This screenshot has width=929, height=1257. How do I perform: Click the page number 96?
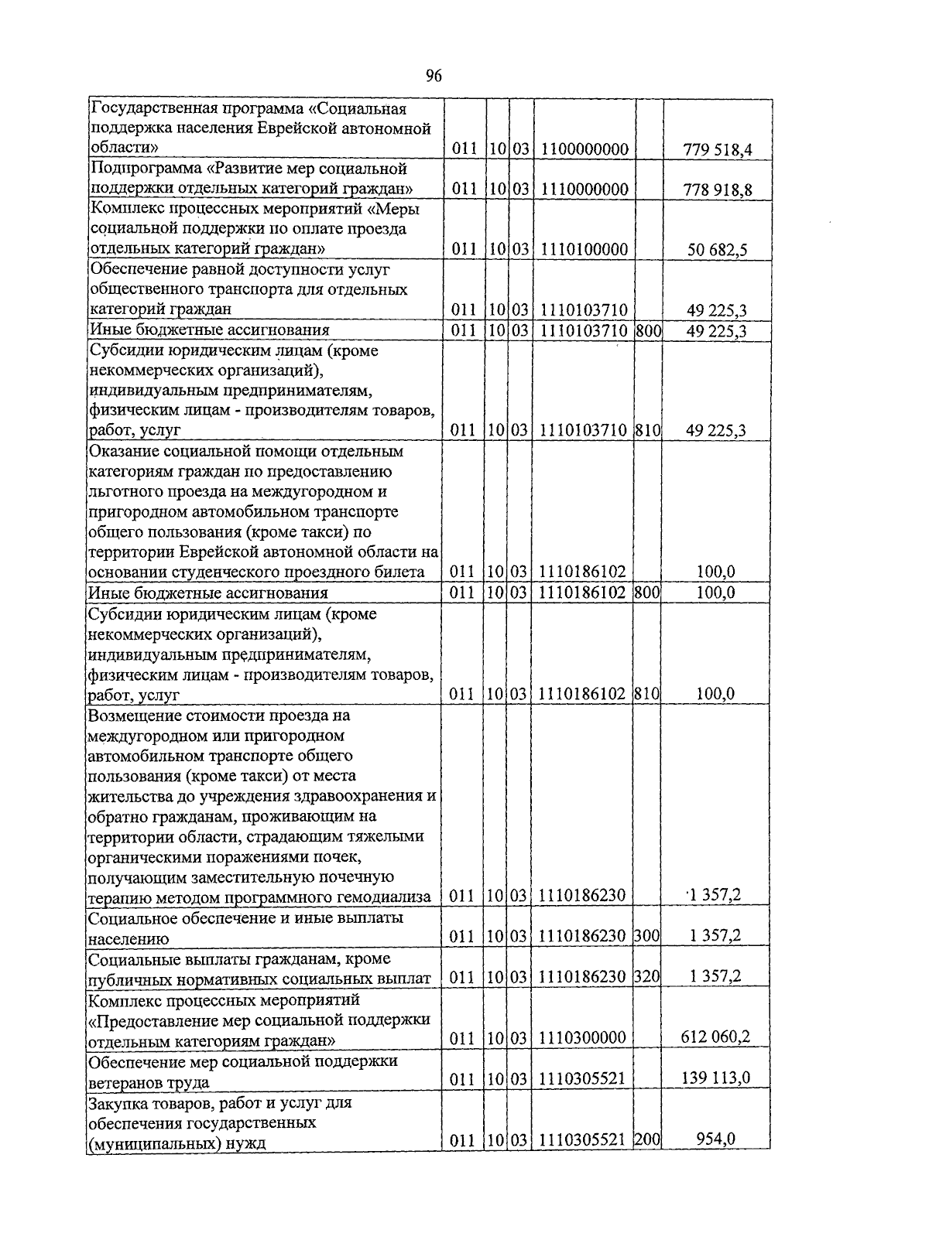(x=434, y=76)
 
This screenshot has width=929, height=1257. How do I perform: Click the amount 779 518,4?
(x=718, y=149)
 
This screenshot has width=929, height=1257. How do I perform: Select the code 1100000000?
(x=584, y=149)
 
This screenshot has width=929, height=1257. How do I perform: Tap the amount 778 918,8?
(x=718, y=190)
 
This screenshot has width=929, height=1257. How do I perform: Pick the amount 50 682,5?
(x=718, y=250)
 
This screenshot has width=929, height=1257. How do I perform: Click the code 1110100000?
(x=584, y=249)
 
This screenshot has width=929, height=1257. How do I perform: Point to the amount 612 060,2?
(x=715, y=1037)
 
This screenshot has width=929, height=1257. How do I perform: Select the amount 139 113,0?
(x=715, y=1078)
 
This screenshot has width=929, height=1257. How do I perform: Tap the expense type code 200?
(x=647, y=1139)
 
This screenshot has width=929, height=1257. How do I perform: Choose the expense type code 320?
(x=647, y=977)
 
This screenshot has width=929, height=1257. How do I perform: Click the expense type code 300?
(x=647, y=937)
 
